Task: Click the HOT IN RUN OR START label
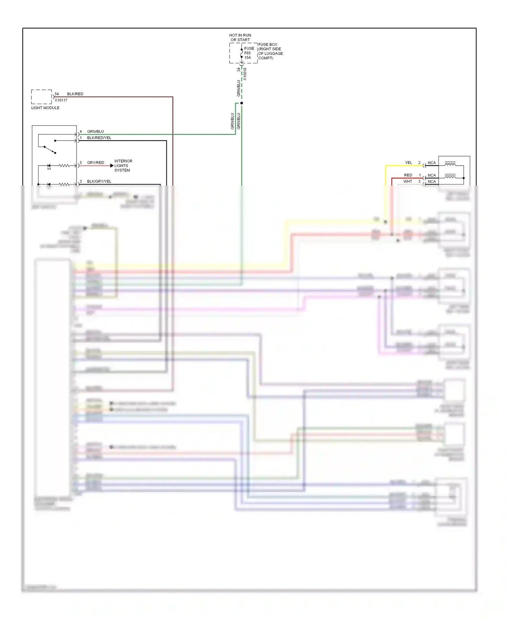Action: click(240, 37)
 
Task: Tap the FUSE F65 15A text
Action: click(249, 53)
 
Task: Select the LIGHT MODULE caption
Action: click(45, 108)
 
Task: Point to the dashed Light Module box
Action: click(41, 97)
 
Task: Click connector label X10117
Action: click(61, 100)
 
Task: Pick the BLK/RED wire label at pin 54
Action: click(75, 94)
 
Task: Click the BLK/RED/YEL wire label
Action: click(99, 138)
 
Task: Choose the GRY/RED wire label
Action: click(96, 163)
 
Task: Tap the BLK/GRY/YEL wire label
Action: click(99, 182)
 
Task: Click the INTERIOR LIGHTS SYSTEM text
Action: click(123, 166)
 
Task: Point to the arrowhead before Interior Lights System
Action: click(112, 166)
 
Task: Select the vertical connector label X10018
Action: click(245, 74)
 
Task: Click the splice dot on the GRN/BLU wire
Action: click(241, 103)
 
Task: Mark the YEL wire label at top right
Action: click(408, 163)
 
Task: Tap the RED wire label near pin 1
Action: click(408, 175)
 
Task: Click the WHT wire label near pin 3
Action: click(407, 182)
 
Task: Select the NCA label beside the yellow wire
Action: click(431, 163)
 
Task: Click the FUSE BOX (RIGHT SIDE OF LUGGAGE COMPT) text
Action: click(270, 51)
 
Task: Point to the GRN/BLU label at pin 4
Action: click(95, 131)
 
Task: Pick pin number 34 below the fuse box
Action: click(238, 69)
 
